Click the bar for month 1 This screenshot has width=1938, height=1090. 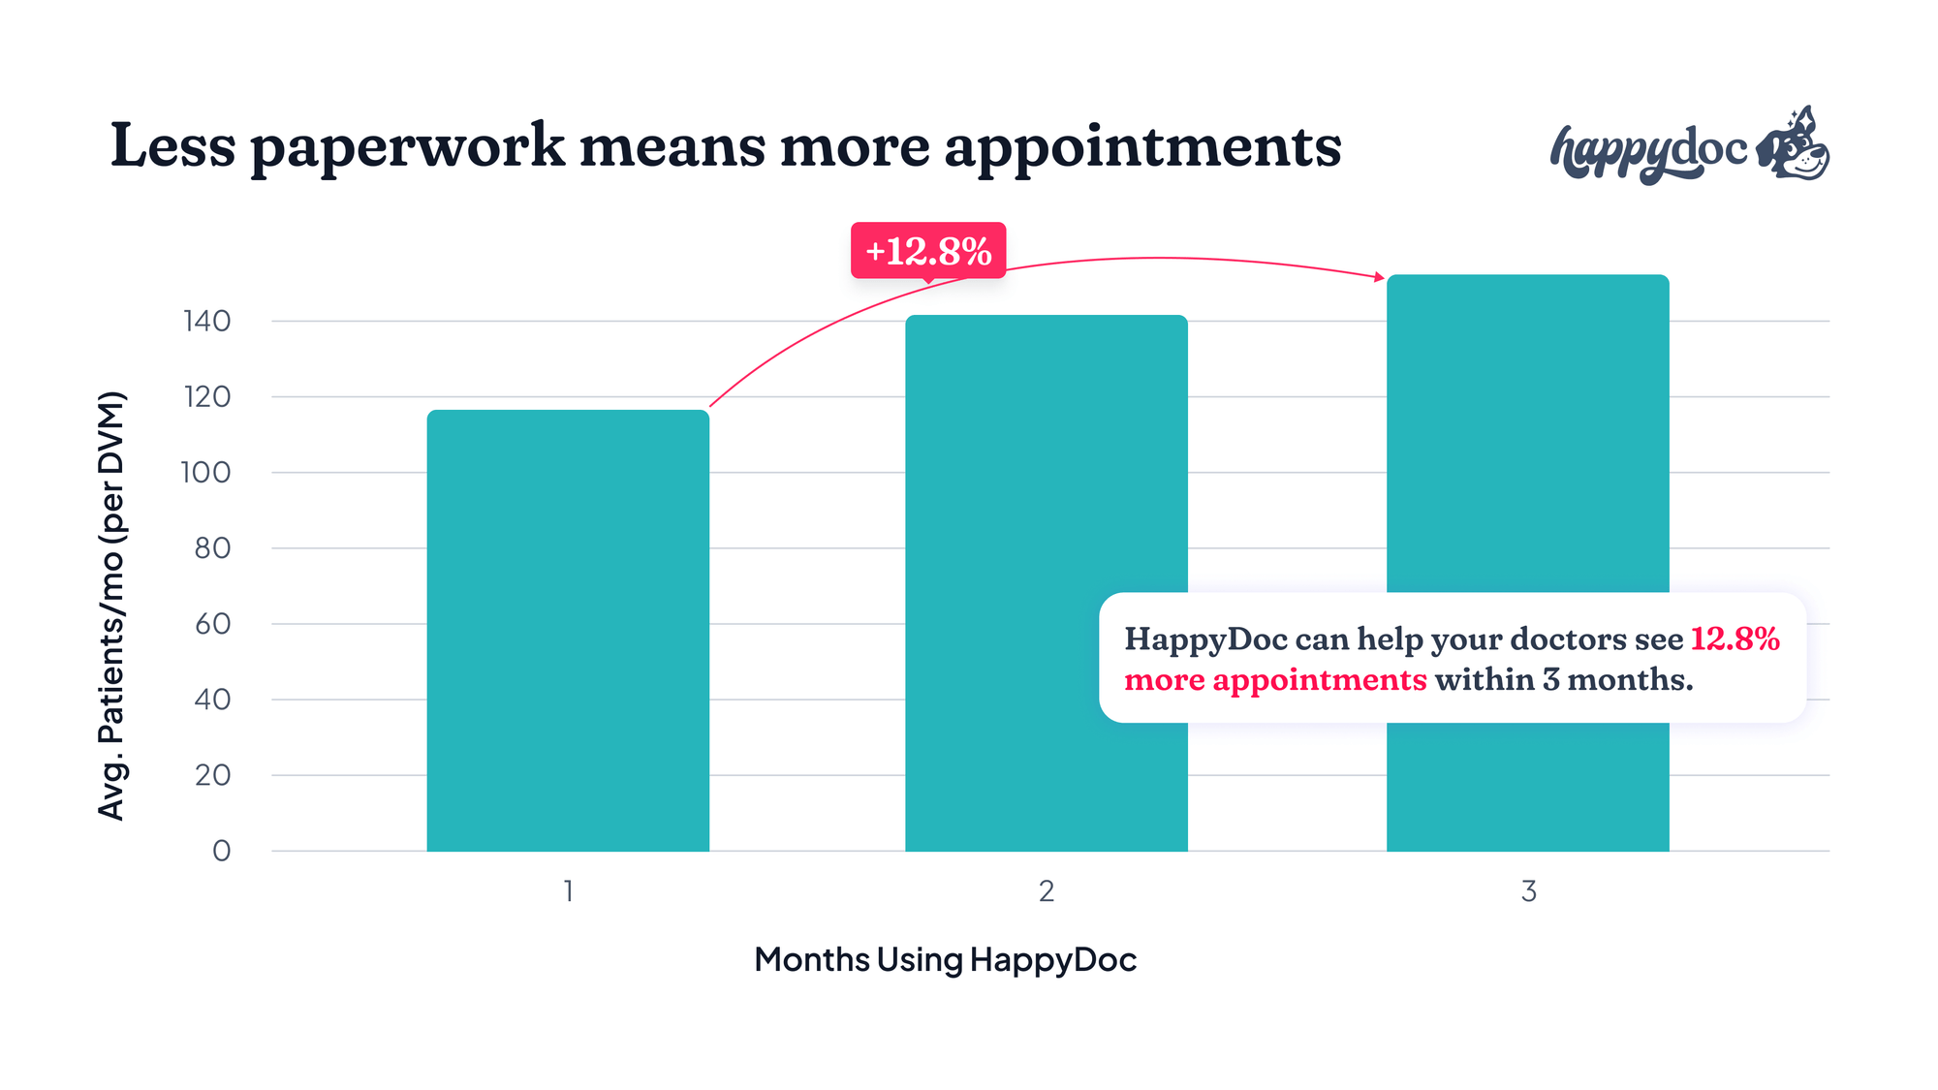pos(568,630)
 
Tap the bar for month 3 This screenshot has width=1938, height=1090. pos(1527,436)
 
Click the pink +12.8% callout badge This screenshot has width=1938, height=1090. pos(928,251)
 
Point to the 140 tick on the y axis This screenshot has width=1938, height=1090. pos(207,321)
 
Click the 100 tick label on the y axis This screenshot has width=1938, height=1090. pos(205,473)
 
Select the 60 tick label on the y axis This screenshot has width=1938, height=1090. pos(212,624)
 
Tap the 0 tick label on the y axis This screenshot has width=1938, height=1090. pos(222,851)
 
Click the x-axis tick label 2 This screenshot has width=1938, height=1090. pos(1047,891)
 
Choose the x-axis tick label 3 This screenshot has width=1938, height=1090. pos(1528,891)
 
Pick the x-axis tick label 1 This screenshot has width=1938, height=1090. pos(569,891)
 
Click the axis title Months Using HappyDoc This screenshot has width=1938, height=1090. pos(945,959)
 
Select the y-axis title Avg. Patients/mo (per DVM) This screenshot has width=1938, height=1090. pos(111,606)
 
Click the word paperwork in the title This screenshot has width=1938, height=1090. pos(407,147)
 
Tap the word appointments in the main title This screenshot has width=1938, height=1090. pos(1143,147)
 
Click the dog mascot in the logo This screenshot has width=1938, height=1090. pos(1794,145)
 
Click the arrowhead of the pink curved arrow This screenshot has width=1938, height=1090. pos(1380,277)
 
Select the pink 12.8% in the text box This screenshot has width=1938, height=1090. pos(1735,639)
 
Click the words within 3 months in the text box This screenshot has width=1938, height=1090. pos(1564,680)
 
